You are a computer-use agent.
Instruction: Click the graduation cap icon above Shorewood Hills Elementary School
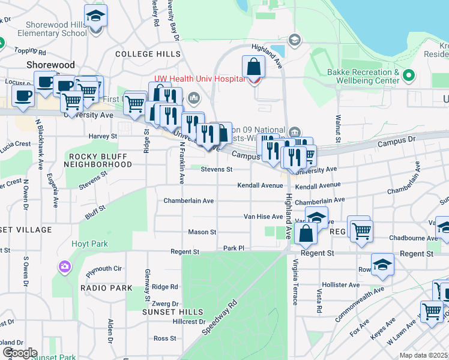(95, 16)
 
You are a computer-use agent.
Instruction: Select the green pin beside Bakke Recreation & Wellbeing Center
(409, 76)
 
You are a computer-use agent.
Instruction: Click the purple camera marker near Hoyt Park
(64, 266)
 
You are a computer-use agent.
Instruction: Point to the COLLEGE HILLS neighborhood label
(148, 54)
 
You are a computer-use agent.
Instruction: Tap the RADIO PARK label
(106, 288)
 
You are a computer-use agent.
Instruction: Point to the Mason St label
(202, 232)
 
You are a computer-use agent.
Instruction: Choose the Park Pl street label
(234, 247)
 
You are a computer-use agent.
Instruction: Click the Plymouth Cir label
(105, 269)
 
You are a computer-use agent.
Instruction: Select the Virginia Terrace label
(295, 277)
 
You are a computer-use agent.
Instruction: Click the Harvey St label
(101, 136)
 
